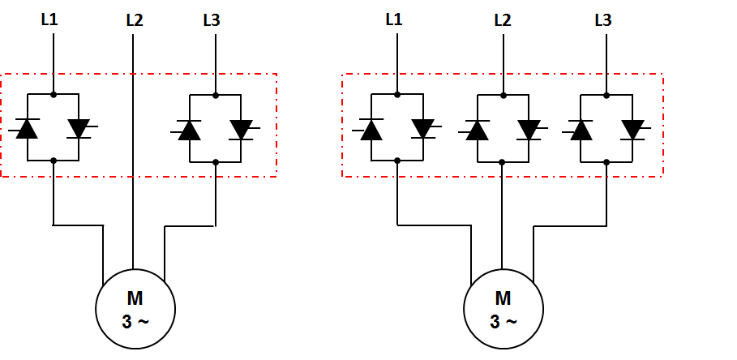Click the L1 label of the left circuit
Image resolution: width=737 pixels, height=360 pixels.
click(x=49, y=19)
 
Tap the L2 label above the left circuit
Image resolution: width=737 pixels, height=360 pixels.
click(x=135, y=20)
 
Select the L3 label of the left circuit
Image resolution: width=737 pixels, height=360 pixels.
click(x=212, y=20)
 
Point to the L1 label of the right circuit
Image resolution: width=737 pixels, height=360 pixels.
click(x=394, y=19)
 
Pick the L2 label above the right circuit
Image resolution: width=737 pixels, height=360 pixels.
click(x=503, y=20)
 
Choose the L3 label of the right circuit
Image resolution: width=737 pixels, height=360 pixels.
click(x=603, y=20)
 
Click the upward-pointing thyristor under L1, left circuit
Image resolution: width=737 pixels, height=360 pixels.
click(x=26, y=129)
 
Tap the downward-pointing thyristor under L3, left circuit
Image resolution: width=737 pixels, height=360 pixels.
click(x=242, y=130)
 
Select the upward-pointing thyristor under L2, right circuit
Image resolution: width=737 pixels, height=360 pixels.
click(x=476, y=131)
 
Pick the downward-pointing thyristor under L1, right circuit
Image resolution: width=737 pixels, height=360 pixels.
click(x=424, y=129)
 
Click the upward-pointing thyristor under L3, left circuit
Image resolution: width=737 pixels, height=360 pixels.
click(x=188, y=130)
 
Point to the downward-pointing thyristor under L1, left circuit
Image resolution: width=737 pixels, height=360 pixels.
click(x=80, y=129)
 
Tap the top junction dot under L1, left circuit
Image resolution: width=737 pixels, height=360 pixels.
click(x=54, y=95)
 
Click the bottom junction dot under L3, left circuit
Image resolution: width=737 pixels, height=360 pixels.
click(x=216, y=162)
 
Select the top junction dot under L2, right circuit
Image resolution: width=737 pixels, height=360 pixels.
click(x=503, y=96)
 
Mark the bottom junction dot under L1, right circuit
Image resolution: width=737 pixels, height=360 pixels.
click(x=397, y=161)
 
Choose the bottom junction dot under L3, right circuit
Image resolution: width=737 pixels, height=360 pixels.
click(x=606, y=162)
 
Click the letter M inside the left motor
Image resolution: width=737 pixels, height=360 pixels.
click(x=135, y=298)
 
